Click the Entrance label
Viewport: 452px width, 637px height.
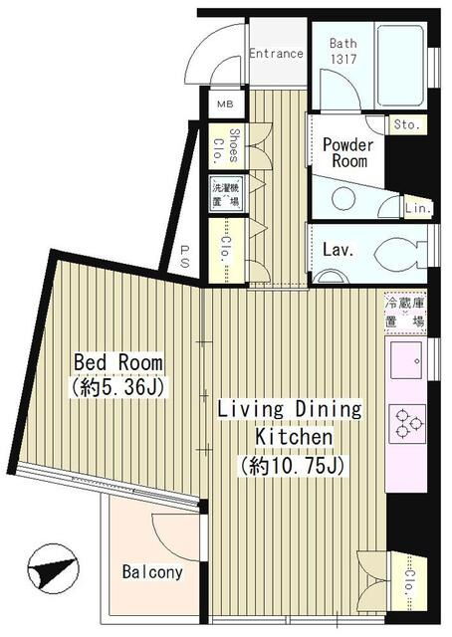click(x=276, y=53)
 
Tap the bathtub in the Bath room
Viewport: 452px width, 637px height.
click(x=400, y=66)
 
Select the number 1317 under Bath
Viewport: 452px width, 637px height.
click(x=343, y=60)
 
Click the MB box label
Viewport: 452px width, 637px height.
click(x=225, y=104)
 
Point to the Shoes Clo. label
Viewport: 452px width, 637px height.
click(x=226, y=146)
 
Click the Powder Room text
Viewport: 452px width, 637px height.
click(x=347, y=152)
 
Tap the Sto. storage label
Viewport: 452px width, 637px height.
click(x=406, y=124)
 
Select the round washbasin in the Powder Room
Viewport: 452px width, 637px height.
click(x=343, y=199)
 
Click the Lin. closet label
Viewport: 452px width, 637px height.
click(x=418, y=208)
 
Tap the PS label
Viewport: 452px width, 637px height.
click(x=184, y=256)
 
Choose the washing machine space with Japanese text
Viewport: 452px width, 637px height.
click(x=226, y=194)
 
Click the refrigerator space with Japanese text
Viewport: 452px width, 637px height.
click(x=405, y=312)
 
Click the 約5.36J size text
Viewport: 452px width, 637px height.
click(x=117, y=387)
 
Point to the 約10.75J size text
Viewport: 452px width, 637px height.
click(x=293, y=466)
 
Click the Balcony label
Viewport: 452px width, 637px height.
click(x=152, y=572)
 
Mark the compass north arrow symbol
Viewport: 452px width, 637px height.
click(x=53, y=568)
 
